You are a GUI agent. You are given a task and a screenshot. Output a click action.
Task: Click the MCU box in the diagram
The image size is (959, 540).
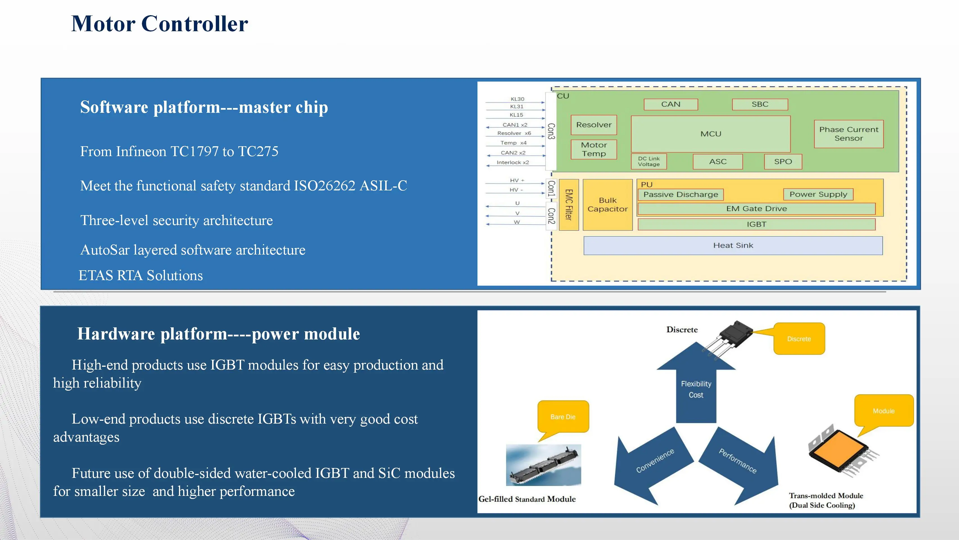pyautogui.click(x=710, y=134)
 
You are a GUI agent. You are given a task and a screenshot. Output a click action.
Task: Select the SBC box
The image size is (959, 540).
pyautogui.click(x=760, y=104)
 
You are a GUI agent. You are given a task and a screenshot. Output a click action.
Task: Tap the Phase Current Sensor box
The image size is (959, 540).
pyautogui.click(x=848, y=134)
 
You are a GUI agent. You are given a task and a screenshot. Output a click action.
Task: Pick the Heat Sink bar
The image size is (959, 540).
pyautogui.click(x=733, y=245)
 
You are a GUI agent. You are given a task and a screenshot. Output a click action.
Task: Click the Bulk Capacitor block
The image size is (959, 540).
pyautogui.click(x=607, y=204)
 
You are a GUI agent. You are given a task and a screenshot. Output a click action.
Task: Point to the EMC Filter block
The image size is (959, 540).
pyautogui.click(x=568, y=204)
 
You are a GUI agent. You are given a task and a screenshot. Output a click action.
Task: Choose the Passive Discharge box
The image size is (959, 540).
pyautogui.click(x=681, y=195)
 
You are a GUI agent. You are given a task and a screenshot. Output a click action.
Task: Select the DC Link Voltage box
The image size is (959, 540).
pyautogui.click(x=649, y=161)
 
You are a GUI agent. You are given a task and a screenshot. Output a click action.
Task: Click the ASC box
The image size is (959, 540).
pyautogui.click(x=718, y=161)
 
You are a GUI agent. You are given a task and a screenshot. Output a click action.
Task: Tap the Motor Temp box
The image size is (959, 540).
pyautogui.click(x=594, y=149)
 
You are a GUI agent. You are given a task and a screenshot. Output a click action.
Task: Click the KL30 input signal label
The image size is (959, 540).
pyautogui.click(x=517, y=99)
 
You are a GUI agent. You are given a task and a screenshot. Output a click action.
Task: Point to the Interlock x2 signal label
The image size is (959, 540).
pyautogui.click(x=513, y=163)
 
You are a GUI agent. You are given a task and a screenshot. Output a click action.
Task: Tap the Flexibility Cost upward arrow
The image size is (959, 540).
pyautogui.click(x=696, y=384)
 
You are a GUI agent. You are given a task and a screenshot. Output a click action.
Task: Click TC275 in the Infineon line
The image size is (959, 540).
pyautogui.click(x=258, y=151)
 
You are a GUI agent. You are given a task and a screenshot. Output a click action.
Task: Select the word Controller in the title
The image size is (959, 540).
pyautogui.click(x=195, y=24)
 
